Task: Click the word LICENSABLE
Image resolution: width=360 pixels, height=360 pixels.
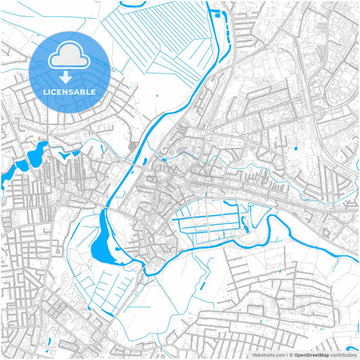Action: point(70,91)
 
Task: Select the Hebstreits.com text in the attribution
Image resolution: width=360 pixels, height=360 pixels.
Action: point(268,354)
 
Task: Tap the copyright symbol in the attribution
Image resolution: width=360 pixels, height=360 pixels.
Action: point(290,354)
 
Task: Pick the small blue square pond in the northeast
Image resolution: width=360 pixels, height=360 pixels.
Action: point(295,147)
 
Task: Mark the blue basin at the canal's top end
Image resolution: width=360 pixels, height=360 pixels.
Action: point(217,12)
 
